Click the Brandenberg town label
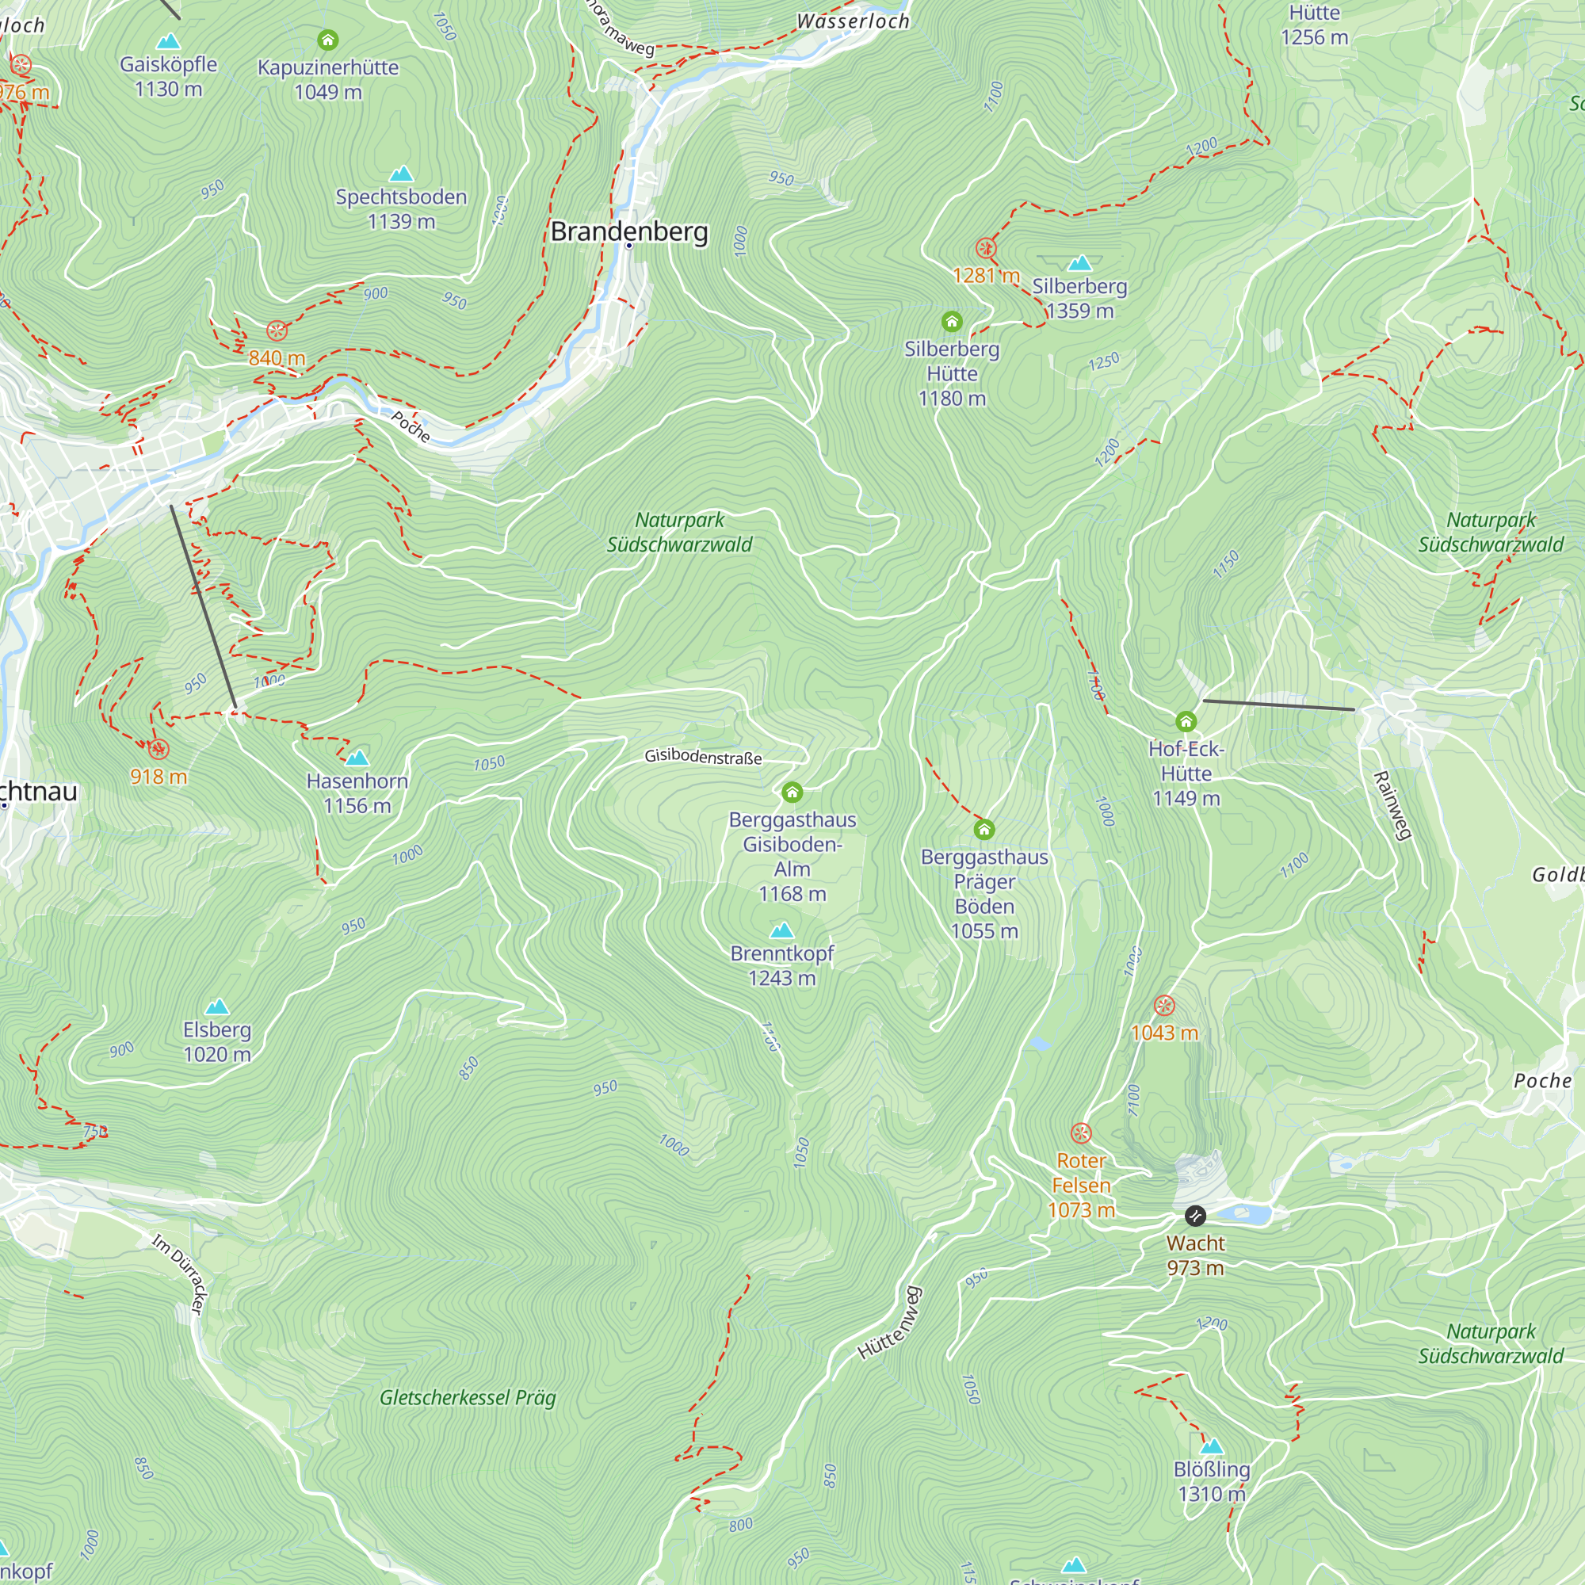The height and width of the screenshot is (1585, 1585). coord(629,231)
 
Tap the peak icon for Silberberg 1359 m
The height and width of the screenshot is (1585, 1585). coord(1079,263)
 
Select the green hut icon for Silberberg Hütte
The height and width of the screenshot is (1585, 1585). coord(952,322)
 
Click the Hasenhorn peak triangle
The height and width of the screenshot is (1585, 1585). coord(357,757)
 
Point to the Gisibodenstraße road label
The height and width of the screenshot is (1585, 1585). coord(703,756)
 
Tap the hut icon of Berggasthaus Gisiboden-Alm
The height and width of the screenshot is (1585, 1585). coord(792,792)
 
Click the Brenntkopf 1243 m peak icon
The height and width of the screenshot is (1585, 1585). coord(782,930)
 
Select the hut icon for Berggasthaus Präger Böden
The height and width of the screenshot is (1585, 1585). coord(984,830)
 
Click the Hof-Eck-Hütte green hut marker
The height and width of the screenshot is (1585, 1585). coord(1186,722)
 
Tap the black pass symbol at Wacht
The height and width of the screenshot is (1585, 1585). coord(1195,1215)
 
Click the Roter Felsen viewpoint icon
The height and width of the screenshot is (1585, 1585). coord(1081,1133)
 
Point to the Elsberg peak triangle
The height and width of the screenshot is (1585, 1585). coord(216,1006)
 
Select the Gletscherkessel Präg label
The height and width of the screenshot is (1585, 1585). coord(468,1397)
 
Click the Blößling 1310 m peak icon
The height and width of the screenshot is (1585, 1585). coord(1212,1446)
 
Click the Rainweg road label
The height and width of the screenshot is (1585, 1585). coord(1392,806)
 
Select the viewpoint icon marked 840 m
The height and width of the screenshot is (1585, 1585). coord(277,330)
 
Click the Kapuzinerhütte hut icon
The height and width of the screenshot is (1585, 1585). coord(328,40)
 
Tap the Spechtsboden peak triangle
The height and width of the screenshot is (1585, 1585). coord(401,174)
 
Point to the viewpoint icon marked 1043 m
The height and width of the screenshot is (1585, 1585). coord(1164,1005)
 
